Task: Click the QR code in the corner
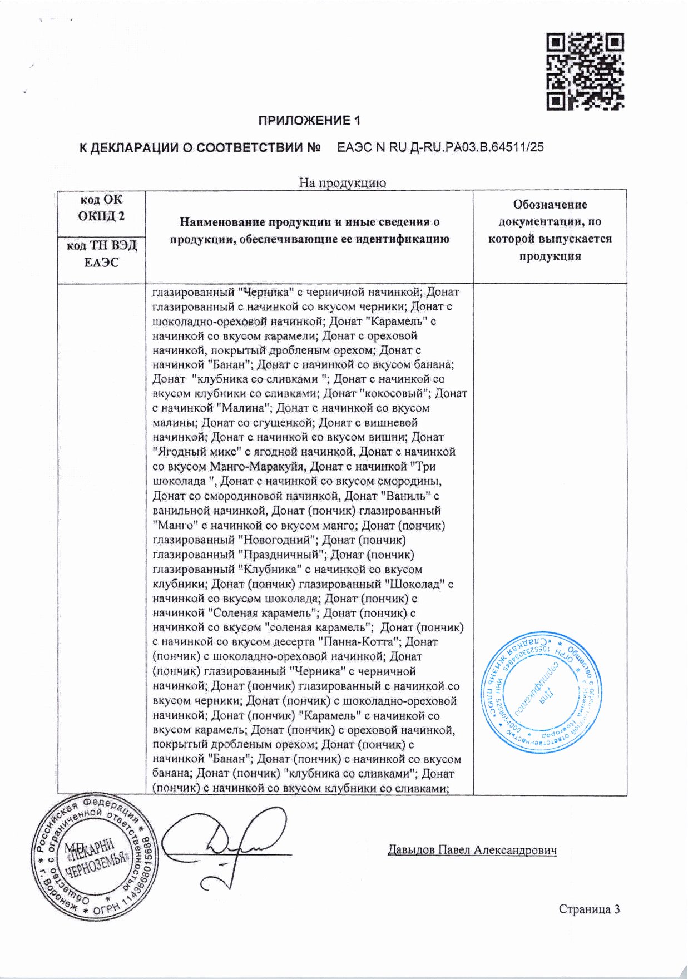tap(585, 71)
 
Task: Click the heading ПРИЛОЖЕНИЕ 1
tap(309, 121)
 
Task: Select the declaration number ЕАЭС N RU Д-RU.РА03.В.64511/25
tap(440, 147)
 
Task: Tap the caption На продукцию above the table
tap(343, 182)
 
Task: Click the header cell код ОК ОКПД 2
tap(101, 208)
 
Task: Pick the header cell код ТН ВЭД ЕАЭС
tap(101, 254)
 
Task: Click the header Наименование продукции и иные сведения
tap(309, 230)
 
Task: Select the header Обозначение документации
tap(550, 230)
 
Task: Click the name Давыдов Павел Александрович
tap(472, 850)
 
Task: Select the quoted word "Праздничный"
tap(281, 555)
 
